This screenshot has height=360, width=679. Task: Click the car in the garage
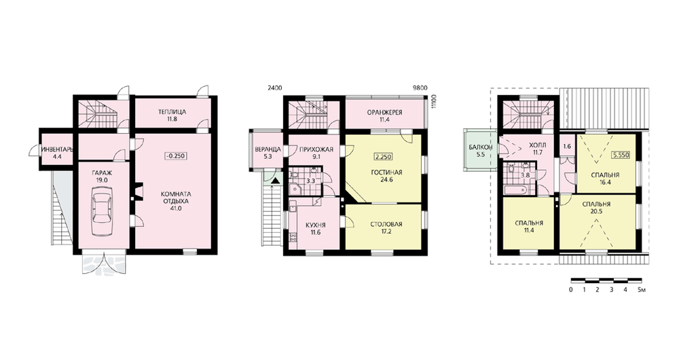103,209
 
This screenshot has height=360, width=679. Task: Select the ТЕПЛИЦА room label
172,112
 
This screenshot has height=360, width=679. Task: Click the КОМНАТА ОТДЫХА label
177,198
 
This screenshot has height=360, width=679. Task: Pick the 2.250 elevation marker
383,157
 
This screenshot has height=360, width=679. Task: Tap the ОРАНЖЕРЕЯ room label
384,113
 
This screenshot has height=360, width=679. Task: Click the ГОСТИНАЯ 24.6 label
387,176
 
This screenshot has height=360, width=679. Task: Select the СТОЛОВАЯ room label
387,224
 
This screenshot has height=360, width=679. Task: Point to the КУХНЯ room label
315,226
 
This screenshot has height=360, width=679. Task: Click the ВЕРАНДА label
268,149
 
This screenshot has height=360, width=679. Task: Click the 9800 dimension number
420,88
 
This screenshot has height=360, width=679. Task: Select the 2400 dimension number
274,88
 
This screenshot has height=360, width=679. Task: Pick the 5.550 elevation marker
620,154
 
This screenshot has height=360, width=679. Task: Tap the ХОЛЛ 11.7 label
538,148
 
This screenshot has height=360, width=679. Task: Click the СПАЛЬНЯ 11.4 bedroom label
529,227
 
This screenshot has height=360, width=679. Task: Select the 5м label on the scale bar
642,290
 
